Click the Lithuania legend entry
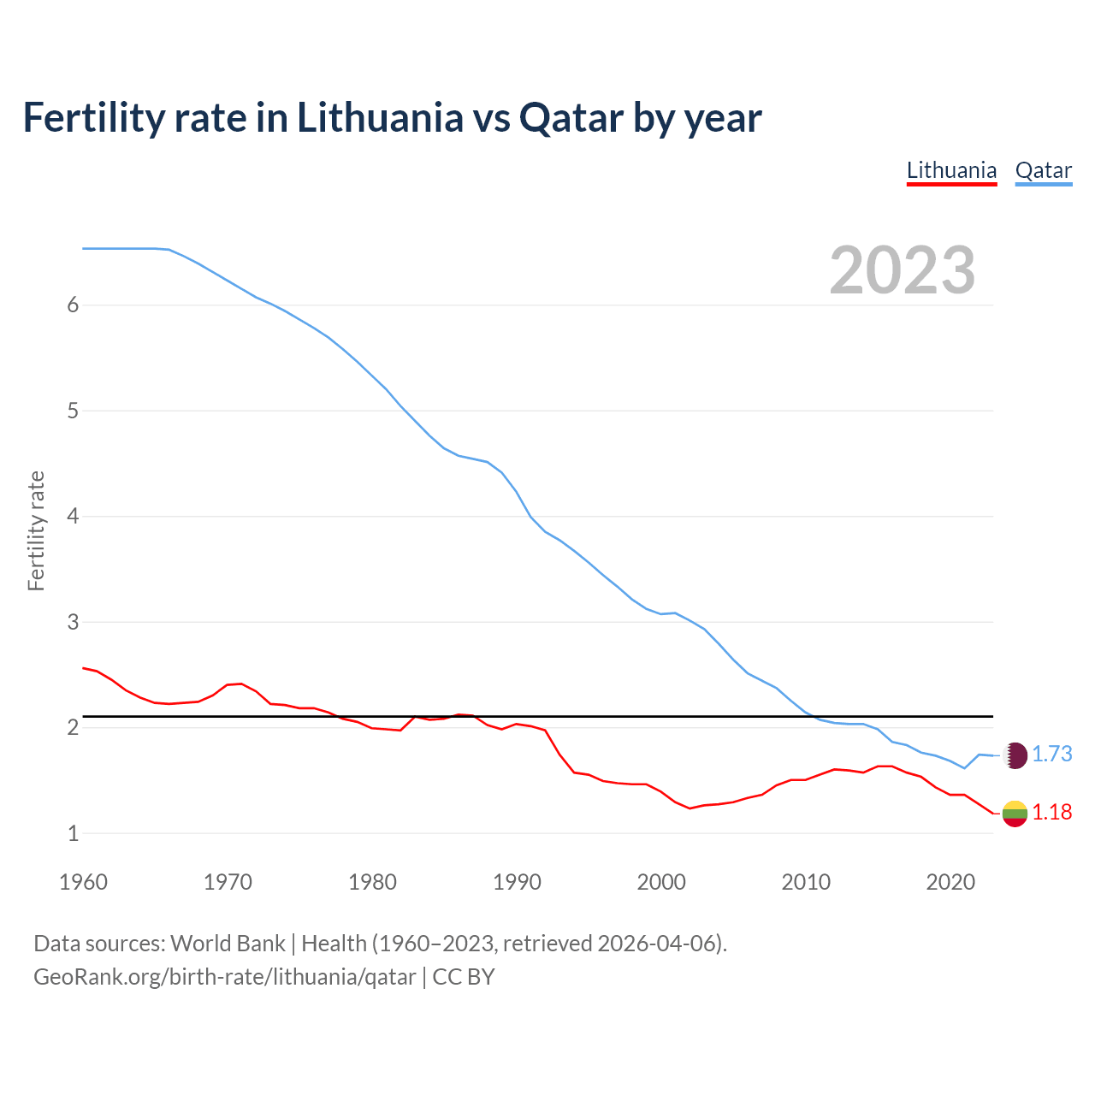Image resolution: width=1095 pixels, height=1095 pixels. (951, 170)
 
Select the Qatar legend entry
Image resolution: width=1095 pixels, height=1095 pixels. (1043, 170)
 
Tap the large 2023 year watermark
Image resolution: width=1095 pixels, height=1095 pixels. (903, 270)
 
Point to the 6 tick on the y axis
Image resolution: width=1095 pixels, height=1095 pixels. (73, 305)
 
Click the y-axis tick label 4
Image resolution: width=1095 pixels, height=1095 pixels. (73, 517)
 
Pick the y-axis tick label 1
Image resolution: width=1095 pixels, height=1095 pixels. (73, 833)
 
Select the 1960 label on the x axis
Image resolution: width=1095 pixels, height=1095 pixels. (83, 882)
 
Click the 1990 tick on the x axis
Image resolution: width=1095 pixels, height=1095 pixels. (517, 882)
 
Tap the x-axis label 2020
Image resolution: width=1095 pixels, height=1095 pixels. (950, 882)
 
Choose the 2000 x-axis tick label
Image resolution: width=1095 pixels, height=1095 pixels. (661, 882)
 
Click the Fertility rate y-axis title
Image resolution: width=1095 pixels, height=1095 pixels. (36, 530)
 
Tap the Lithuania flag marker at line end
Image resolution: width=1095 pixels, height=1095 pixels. (1015, 814)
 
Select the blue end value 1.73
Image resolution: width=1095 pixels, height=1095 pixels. (1051, 754)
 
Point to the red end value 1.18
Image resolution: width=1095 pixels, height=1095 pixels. (1051, 812)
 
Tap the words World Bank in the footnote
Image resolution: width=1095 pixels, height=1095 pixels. (228, 944)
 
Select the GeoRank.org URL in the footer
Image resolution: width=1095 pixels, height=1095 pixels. (224, 976)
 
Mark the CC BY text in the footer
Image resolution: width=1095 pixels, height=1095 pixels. (464, 976)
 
